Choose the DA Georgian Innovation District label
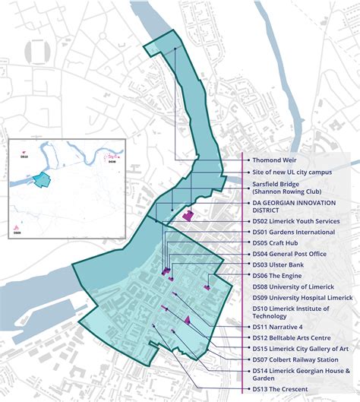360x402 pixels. tap(295, 206)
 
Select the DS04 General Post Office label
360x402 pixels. tap(289, 254)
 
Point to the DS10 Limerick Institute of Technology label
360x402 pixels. tap(292, 312)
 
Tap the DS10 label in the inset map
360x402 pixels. tap(24, 156)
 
